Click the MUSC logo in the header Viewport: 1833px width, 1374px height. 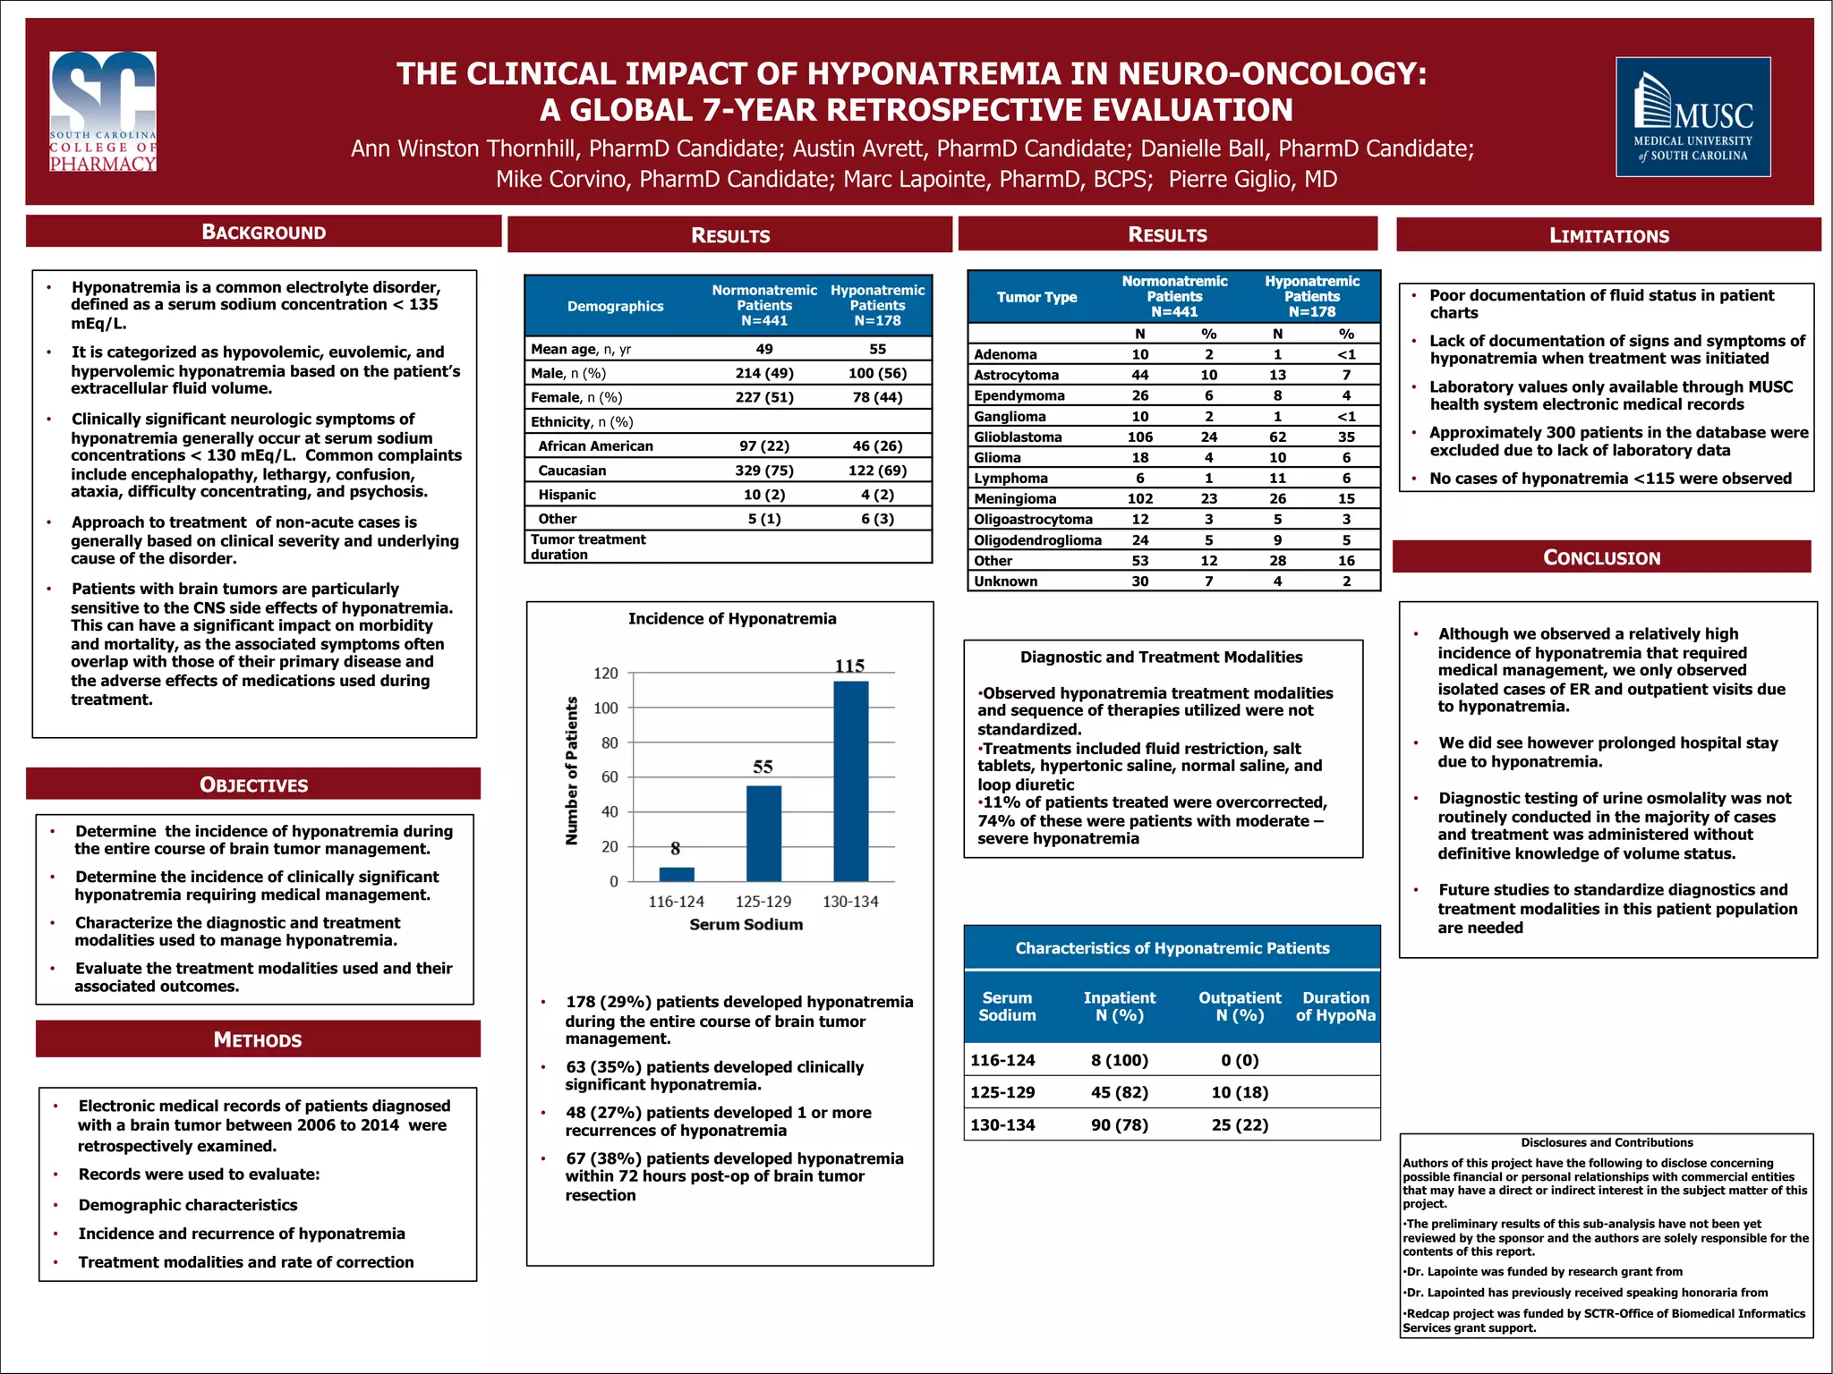pyautogui.click(x=1692, y=116)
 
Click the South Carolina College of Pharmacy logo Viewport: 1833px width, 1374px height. pyautogui.click(x=103, y=111)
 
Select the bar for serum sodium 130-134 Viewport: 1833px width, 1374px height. pyautogui.click(x=850, y=780)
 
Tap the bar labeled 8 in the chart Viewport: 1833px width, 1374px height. pyautogui.click(x=677, y=874)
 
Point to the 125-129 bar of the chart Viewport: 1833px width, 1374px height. pyautogui.click(x=763, y=833)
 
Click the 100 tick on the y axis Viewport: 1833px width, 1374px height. pyautogui.click(x=606, y=708)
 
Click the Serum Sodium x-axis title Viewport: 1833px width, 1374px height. pyautogui.click(x=746, y=924)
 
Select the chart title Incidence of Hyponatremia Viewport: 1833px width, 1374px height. pyautogui.click(x=732, y=618)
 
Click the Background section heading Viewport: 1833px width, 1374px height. pyautogui.click(x=263, y=232)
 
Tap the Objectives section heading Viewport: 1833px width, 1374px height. pyautogui.click(x=253, y=785)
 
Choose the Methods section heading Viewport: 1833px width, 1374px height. pyautogui.click(x=258, y=1039)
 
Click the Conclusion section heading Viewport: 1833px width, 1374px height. pyautogui.click(x=1601, y=557)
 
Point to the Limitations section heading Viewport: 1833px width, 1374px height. pyautogui.click(x=1608, y=235)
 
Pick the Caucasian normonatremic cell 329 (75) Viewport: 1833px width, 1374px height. pyautogui.click(x=763, y=471)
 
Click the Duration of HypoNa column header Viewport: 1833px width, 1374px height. pyautogui.click(x=1335, y=1006)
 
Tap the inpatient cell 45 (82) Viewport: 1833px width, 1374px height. pyautogui.click(x=1119, y=1092)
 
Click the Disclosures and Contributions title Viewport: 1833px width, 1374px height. pyautogui.click(x=1607, y=1142)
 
